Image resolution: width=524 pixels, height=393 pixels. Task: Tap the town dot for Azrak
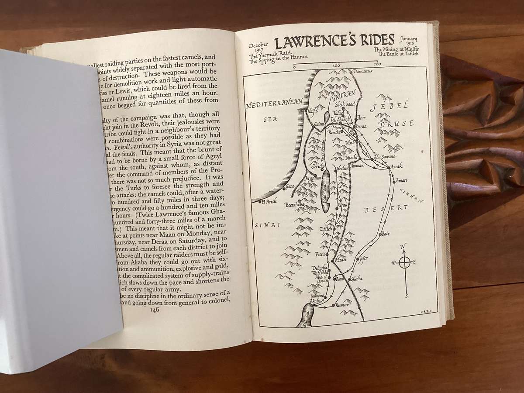[x=388, y=167]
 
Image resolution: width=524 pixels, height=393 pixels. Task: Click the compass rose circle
[x=404, y=262]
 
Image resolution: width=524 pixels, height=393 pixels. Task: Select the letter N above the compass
[x=403, y=246]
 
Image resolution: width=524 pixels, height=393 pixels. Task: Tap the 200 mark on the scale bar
[x=377, y=65]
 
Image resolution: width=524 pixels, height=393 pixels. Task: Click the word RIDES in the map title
[x=373, y=41]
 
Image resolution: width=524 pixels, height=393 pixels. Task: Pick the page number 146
[x=154, y=309]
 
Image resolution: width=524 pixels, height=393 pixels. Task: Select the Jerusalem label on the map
[x=311, y=179]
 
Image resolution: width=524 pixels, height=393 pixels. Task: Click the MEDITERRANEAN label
[x=274, y=105]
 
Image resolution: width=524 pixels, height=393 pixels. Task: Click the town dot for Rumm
[x=333, y=305]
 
